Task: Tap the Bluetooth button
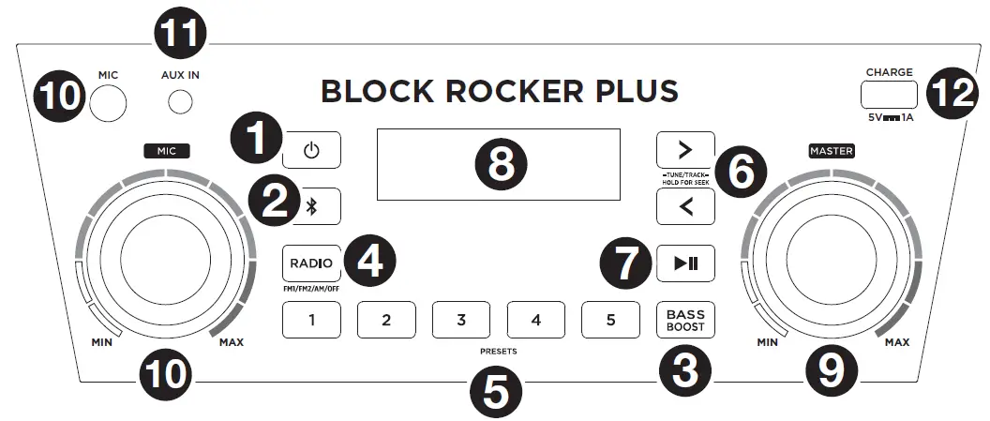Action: [x=313, y=206]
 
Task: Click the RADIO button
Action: [x=311, y=263]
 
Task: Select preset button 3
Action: [x=460, y=319]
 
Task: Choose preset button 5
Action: [x=610, y=319]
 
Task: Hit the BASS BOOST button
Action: [x=685, y=319]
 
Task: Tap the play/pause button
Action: [x=685, y=263]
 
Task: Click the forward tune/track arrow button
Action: [x=685, y=149]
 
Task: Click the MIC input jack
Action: [x=108, y=101]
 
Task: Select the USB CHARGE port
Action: [x=888, y=96]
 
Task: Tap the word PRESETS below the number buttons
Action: [x=497, y=351]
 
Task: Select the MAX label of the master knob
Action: [x=896, y=342]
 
